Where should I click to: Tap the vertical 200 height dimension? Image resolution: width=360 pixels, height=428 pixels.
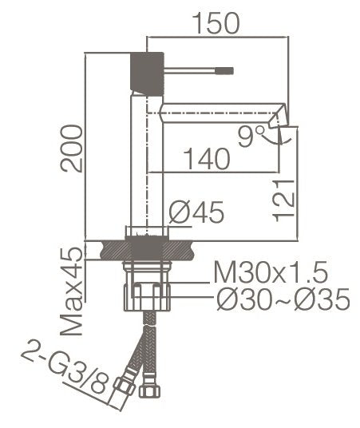72,148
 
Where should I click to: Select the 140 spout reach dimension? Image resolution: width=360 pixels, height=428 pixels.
207,159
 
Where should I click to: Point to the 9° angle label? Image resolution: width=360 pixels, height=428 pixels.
251,137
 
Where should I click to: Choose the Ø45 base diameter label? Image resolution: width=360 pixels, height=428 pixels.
197,213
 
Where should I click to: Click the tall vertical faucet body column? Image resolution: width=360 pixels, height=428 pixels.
147,160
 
